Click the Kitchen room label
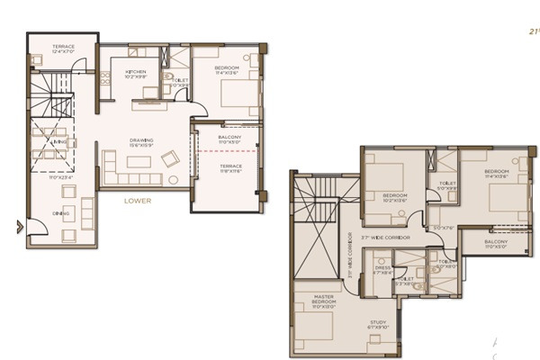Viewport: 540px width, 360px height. [x=136, y=73]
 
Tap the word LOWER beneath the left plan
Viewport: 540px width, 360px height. [x=138, y=201]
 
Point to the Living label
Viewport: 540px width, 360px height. [x=59, y=141]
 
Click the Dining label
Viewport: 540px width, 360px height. [x=59, y=213]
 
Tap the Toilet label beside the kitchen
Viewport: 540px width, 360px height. [x=179, y=82]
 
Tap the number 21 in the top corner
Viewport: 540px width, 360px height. [x=533, y=30]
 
